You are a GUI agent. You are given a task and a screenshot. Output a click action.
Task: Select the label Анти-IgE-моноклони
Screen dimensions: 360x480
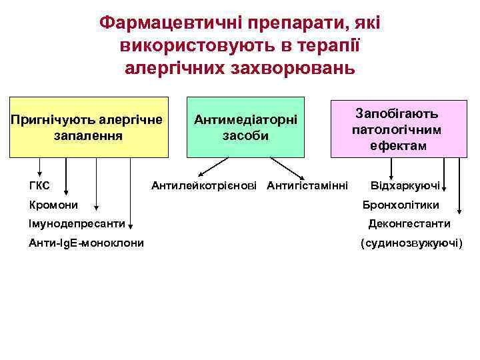(86, 243)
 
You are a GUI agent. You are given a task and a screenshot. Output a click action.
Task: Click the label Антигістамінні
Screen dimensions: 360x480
(307, 185)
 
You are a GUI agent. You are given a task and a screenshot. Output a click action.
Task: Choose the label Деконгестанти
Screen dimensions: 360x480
(409, 224)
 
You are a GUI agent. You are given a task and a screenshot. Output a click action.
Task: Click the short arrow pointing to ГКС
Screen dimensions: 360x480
(40, 167)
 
